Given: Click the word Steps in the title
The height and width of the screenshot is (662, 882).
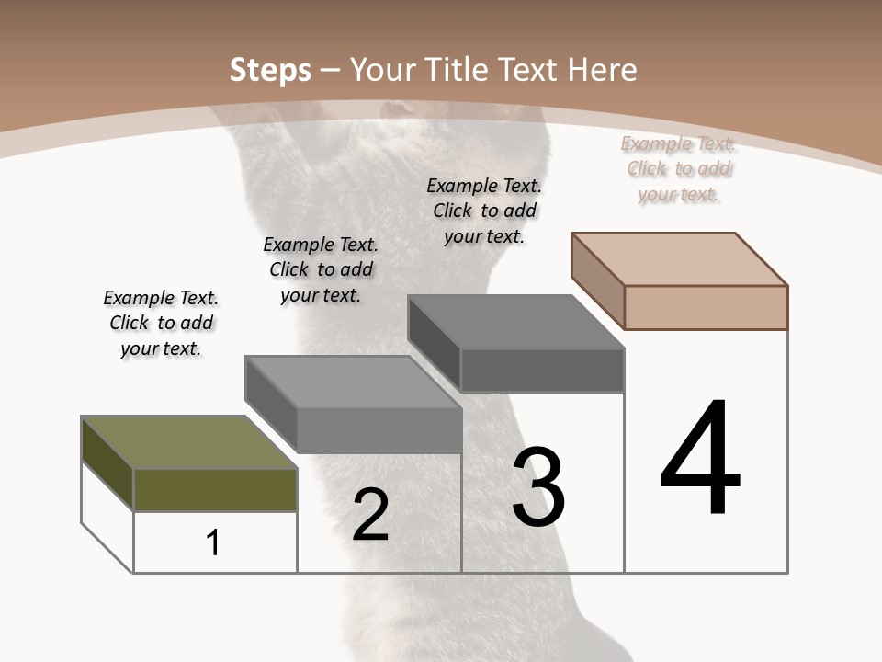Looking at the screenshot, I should coord(269,70).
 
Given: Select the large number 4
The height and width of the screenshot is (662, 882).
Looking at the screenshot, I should coord(700,460).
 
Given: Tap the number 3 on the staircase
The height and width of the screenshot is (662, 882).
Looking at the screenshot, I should coord(538,487).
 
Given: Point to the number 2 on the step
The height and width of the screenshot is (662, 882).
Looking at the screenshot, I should coord(370,515).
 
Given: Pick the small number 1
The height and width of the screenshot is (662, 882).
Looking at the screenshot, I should coord(213,542).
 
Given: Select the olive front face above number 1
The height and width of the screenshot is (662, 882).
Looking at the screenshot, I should coord(215,490).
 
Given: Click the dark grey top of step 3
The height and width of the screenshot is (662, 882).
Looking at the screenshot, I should coord(514,322).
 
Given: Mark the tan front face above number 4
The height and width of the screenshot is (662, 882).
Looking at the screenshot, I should coord(706,307).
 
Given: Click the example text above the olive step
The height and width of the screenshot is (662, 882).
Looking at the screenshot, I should coord(161,323).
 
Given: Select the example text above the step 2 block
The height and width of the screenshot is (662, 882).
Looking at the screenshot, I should coord(321,269).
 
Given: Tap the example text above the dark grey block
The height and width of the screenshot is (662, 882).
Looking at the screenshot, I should coord(484,211).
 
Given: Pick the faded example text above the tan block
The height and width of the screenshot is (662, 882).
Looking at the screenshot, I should coord(678,168).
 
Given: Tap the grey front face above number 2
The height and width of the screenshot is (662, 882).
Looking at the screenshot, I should coord(379,430).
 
